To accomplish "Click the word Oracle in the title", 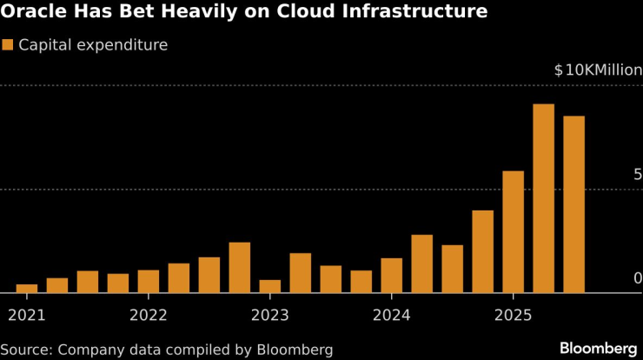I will pyautogui.click(x=32, y=12).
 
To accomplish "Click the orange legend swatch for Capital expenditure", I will pyautogui.click(x=7, y=44).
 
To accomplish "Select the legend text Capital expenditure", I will pyautogui.click(x=93, y=44).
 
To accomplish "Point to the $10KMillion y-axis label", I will pyautogui.click(x=597, y=70).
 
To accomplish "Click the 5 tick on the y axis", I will pyautogui.click(x=637, y=175).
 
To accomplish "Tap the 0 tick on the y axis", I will pyautogui.click(x=637, y=278).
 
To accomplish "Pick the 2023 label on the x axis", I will pyautogui.click(x=270, y=314).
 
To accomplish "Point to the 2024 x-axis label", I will pyautogui.click(x=391, y=314).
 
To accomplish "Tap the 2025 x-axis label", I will pyautogui.click(x=513, y=314).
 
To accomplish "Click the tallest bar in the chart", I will pyautogui.click(x=543, y=198).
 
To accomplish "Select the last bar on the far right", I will pyautogui.click(x=573, y=204).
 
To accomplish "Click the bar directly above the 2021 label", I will pyautogui.click(x=27, y=289).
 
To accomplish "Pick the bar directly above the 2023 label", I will pyautogui.click(x=270, y=286).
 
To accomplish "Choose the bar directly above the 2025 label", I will pyautogui.click(x=513, y=231).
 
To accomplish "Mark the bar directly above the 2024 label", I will pyautogui.click(x=391, y=276).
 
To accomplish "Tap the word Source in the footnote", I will pyautogui.click(x=24, y=350).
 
